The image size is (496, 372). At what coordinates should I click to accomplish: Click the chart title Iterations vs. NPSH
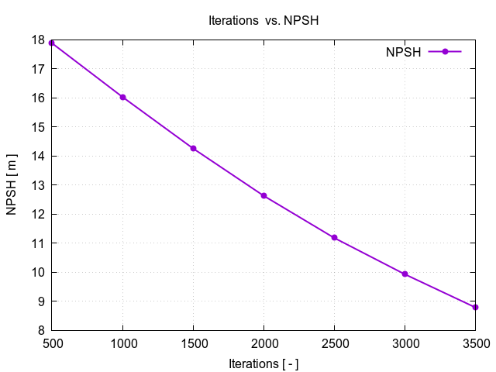[x=263, y=21]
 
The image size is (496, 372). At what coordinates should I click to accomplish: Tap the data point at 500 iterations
[x=52, y=43]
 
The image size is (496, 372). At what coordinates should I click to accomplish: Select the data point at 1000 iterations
[x=122, y=97]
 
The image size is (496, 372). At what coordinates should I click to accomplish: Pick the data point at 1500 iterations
[x=193, y=148]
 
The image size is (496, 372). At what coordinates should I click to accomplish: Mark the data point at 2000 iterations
[x=263, y=195]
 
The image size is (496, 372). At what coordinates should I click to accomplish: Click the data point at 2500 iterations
[x=334, y=237]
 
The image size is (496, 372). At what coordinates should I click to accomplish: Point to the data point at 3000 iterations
[x=405, y=274]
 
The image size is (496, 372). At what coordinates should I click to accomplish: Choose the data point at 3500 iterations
[x=475, y=307]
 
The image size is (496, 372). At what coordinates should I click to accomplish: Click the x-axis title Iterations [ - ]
[x=263, y=363]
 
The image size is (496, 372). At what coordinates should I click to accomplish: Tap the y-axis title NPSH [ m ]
[x=12, y=185]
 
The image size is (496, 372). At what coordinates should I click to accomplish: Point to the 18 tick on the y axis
[x=37, y=40]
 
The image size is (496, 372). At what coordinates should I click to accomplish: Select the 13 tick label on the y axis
[x=37, y=185]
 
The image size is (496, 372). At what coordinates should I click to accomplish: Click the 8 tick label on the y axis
[x=40, y=330]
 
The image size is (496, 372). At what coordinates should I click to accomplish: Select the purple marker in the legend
[x=445, y=52]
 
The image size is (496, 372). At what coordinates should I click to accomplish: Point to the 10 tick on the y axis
[x=37, y=272]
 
